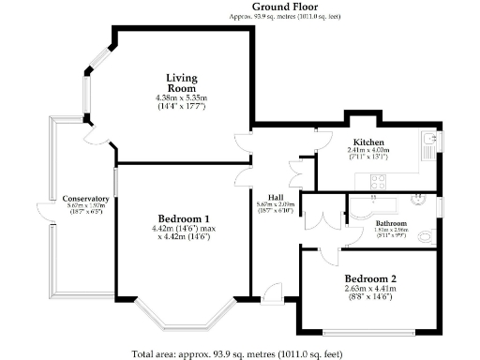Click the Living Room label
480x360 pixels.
coord(181,82)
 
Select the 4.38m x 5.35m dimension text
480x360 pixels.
coord(181,98)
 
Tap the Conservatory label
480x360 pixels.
coord(86,200)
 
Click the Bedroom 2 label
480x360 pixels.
coord(370,279)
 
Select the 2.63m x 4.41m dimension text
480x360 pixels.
coord(370,291)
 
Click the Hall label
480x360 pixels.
coord(276,197)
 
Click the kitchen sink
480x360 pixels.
coord(427,143)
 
